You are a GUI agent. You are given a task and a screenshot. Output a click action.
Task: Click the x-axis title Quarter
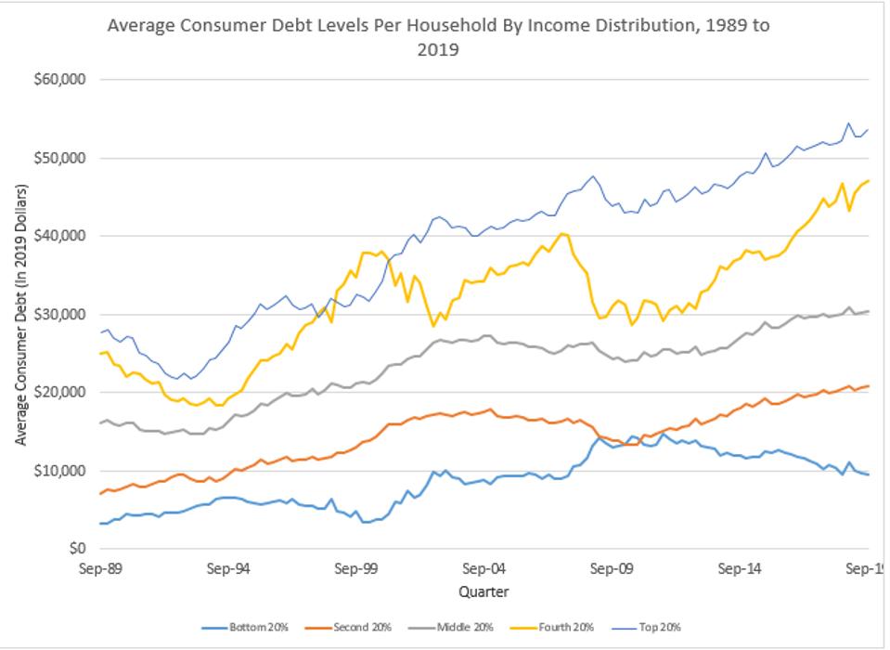point(484,591)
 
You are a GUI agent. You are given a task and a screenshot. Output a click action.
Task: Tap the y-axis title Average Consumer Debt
point(19,315)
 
